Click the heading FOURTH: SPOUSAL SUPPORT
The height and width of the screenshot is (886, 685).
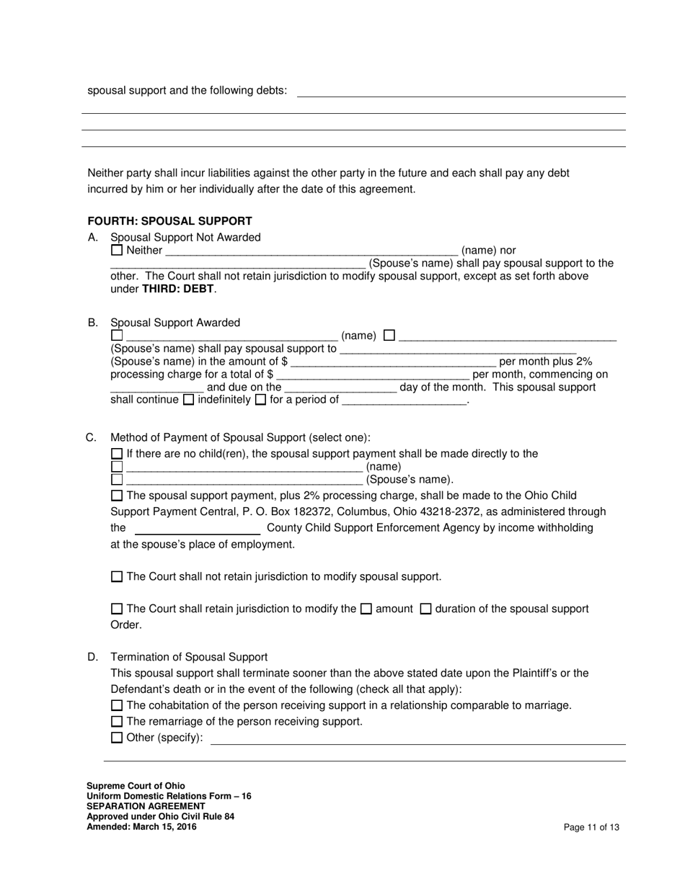click(169, 221)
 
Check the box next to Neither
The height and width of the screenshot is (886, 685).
click(117, 250)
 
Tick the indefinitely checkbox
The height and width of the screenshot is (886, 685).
click(189, 399)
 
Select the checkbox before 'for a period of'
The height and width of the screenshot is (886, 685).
click(260, 399)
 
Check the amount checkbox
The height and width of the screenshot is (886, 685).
click(366, 609)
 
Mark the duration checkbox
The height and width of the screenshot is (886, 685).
click(425, 609)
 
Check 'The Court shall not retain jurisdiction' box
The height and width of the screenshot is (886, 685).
click(117, 576)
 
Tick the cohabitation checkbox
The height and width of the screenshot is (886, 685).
click(117, 705)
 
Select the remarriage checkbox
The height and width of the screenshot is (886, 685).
click(117, 721)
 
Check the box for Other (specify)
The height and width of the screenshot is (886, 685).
click(117, 737)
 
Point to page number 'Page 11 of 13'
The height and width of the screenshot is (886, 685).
click(591, 827)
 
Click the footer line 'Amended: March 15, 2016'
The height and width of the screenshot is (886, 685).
click(141, 827)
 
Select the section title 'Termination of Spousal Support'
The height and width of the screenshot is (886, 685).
click(189, 657)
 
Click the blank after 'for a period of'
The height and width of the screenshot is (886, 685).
click(404, 400)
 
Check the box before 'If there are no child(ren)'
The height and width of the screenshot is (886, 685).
click(117, 454)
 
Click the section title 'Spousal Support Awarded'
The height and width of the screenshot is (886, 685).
click(175, 323)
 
